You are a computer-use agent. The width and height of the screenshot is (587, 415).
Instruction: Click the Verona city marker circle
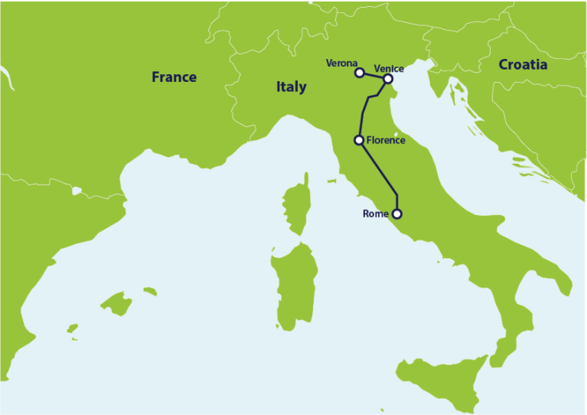pos(359,73)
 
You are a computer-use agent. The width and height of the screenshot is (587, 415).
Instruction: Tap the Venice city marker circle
pos(388,78)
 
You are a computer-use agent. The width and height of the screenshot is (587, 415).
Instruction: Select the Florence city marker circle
pos(358,140)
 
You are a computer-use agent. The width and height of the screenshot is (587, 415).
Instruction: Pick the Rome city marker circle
pos(396,214)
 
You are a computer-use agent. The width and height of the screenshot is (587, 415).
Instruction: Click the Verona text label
pos(341,63)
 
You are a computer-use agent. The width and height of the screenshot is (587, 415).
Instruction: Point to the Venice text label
pos(389,68)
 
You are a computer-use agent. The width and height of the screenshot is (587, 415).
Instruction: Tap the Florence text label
pos(386,140)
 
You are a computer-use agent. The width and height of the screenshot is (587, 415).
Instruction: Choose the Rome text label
pos(375,214)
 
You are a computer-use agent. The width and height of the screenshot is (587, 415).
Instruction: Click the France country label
pos(174,77)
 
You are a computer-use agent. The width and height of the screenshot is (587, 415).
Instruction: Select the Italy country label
pos(291,87)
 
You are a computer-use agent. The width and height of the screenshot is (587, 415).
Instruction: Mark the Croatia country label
pos(523,64)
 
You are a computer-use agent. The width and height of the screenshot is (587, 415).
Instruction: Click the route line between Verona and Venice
pos(373,76)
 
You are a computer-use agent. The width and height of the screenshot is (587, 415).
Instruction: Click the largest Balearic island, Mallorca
pos(117,303)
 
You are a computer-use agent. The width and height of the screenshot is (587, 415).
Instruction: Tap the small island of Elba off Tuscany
pos(331,181)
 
